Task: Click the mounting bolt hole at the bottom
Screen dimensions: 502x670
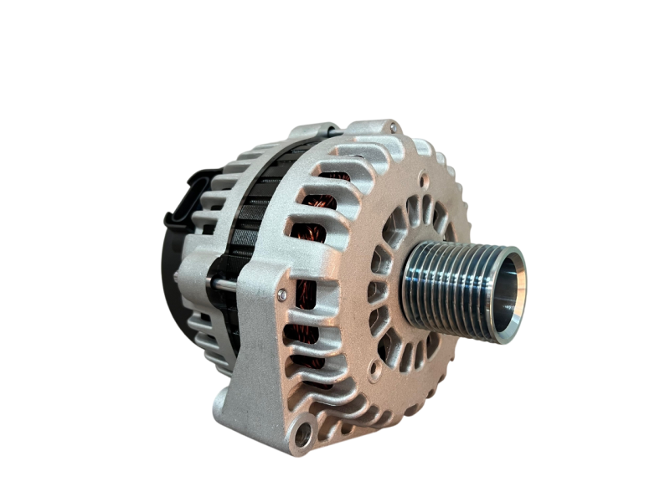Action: [301, 435]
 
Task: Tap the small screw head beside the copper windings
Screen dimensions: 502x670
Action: [282, 295]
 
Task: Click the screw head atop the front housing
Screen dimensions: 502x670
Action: [391, 127]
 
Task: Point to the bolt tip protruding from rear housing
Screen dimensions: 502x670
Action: [176, 276]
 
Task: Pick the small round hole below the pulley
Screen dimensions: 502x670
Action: [374, 366]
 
